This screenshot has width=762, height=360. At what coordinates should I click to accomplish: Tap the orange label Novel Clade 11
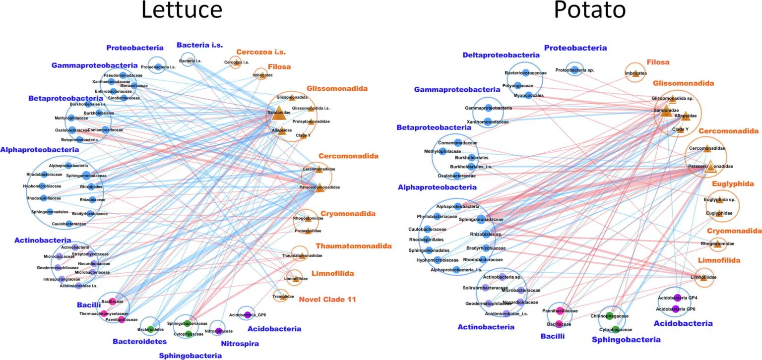point(327,300)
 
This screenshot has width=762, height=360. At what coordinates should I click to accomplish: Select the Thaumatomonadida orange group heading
point(353,246)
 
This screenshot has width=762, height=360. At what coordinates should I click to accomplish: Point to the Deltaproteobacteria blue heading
point(501,55)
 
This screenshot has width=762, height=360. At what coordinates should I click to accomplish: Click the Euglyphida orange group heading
point(733,184)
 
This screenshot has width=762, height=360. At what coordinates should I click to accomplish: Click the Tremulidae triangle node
point(283,297)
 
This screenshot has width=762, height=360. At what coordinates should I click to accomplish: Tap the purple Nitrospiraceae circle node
point(218,331)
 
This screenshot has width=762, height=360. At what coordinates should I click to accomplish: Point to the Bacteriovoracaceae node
point(525,73)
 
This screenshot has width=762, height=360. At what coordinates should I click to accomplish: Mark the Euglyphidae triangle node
point(715,213)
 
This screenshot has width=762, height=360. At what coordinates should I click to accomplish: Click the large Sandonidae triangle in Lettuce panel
point(276,112)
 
